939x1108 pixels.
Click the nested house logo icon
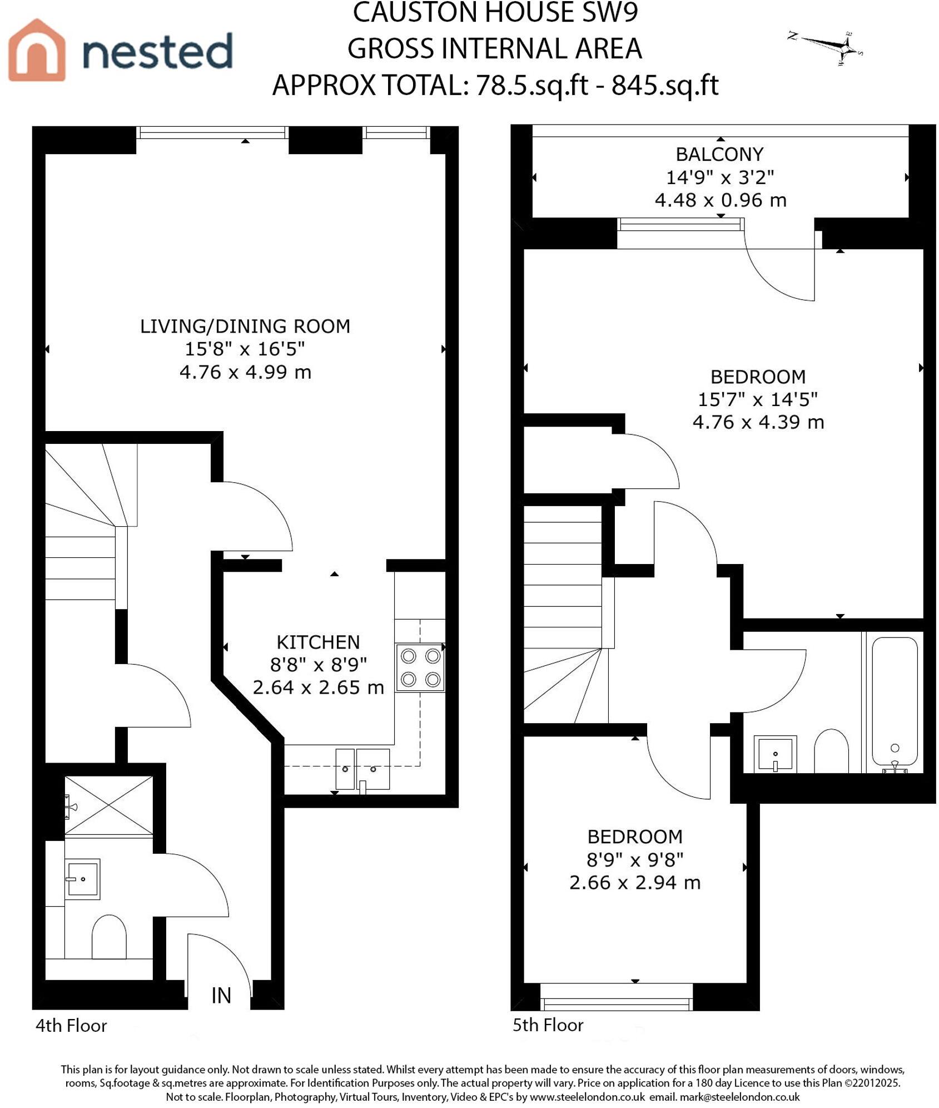(37, 50)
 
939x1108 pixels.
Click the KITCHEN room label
(318, 642)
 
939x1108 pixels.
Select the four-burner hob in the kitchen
(420, 667)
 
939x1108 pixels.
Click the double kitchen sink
(362, 769)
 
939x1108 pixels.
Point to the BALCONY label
(719, 154)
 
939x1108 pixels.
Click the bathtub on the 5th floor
(894, 704)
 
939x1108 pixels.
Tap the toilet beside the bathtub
(831, 751)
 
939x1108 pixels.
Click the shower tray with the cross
(109, 805)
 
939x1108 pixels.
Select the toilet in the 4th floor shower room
(108, 937)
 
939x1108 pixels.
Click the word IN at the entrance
(221, 996)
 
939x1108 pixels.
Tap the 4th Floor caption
(71, 1025)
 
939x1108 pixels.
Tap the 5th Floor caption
(548, 1025)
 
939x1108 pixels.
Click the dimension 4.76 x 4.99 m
(245, 372)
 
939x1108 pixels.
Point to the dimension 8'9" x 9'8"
(634, 860)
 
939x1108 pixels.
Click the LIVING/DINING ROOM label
(245, 326)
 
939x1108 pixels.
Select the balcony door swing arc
(778, 273)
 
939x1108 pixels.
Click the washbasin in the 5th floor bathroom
(775, 754)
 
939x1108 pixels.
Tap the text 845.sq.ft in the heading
(665, 85)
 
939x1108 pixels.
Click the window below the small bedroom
(616, 1003)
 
